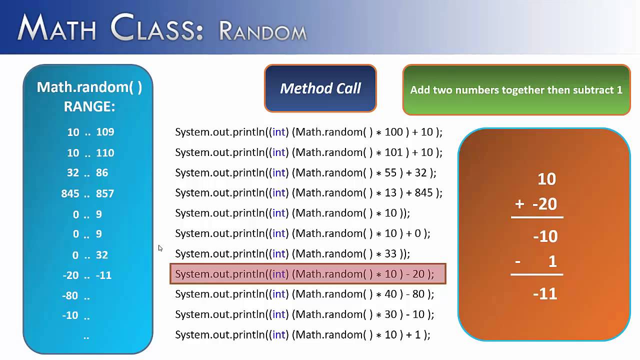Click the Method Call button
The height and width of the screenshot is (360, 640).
[x=320, y=88]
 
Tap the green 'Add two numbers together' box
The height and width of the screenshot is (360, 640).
[x=516, y=90]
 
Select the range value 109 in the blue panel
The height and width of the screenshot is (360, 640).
[x=105, y=132]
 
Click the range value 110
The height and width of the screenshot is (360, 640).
[x=105, y=152]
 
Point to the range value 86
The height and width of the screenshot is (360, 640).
[x=102, y=172]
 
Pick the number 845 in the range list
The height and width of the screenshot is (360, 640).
[x=70, y=193]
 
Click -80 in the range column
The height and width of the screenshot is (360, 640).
[x=70, y=295]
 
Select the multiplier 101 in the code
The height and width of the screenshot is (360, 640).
[x=393, y=152]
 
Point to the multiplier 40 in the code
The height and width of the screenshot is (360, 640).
[x=390, y=294]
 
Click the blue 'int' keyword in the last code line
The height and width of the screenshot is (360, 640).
[x=279, y=334]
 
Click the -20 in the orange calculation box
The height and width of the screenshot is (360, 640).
[x=544, y=204]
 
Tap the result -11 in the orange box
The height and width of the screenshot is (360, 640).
[x=545, y=293]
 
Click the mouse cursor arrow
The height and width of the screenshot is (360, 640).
[x=160, y=248]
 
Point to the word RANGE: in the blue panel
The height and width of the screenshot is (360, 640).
[x=89, y=106]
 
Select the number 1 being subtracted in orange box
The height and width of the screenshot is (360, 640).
[x=552, y=261]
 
